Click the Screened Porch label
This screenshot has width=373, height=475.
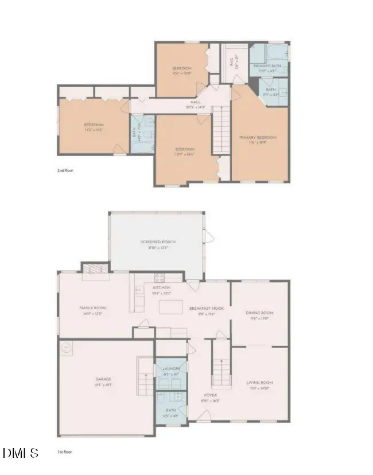pos(158,242)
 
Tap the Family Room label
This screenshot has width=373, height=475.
pos(92,308)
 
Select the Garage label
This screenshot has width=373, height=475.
pos(103,379)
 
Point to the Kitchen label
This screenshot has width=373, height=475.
pos(161,287)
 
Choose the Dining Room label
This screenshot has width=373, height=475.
pos(259,313)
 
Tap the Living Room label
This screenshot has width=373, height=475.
pos(259,383)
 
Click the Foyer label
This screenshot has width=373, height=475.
pos(211,395)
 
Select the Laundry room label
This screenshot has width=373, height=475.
pos(171,368)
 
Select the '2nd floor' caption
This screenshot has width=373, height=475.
pos(65,170)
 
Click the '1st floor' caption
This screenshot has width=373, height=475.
pos(64,452)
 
